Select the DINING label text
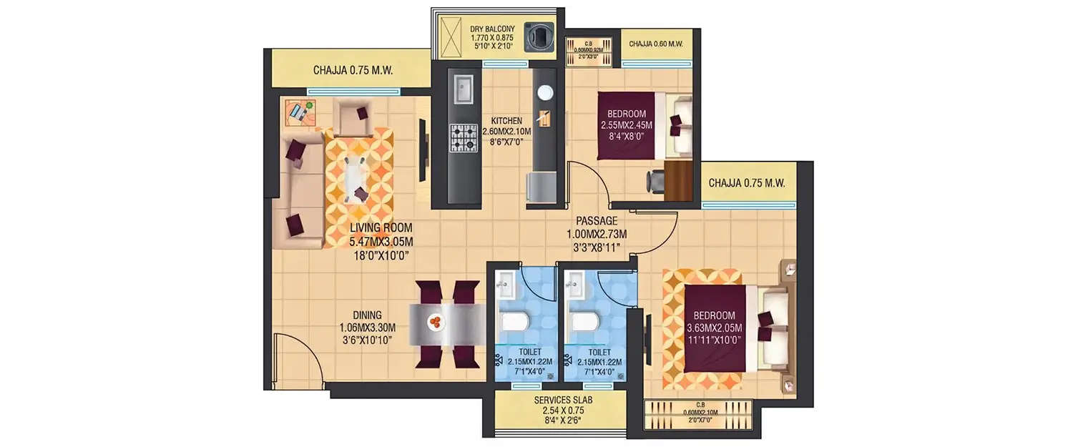tap(366, 315)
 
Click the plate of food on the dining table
tap(435, 323)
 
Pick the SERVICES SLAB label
tap(563, 401)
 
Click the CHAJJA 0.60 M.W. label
tap(656, 44)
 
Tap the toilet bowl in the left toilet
tap(513, 321)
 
